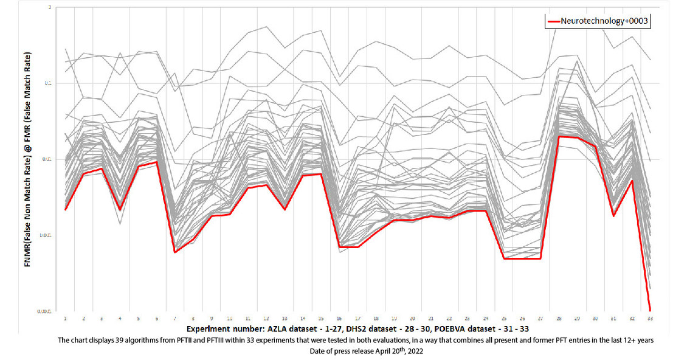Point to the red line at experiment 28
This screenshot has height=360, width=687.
(559, 136)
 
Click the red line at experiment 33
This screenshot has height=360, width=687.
(651, 310)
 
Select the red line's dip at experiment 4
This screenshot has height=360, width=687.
(120, 209)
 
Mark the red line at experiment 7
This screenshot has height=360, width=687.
(174, 252)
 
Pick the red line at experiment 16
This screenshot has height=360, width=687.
(339, 247)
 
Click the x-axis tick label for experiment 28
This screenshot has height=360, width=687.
(559, 317)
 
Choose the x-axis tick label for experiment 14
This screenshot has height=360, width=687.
(303, 317)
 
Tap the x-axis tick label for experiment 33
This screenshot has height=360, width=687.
(651, 317)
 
